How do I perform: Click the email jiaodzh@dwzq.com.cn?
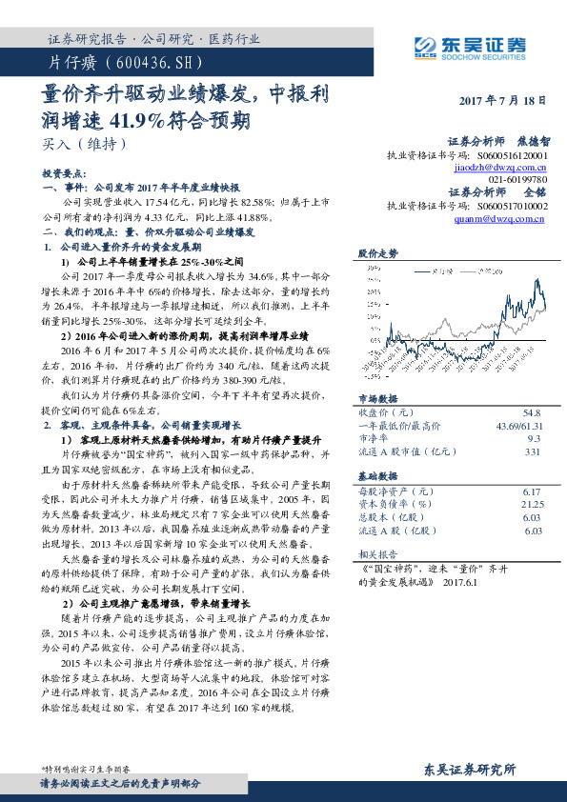coord(499,166)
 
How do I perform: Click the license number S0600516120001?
coord(512,153)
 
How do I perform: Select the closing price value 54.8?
coord(531,413)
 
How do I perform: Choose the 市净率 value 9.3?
coord(534,438)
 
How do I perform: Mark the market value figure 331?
coord(533,451)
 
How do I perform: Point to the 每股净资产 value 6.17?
coord(532,491)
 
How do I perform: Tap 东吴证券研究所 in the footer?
coord(469,770)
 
